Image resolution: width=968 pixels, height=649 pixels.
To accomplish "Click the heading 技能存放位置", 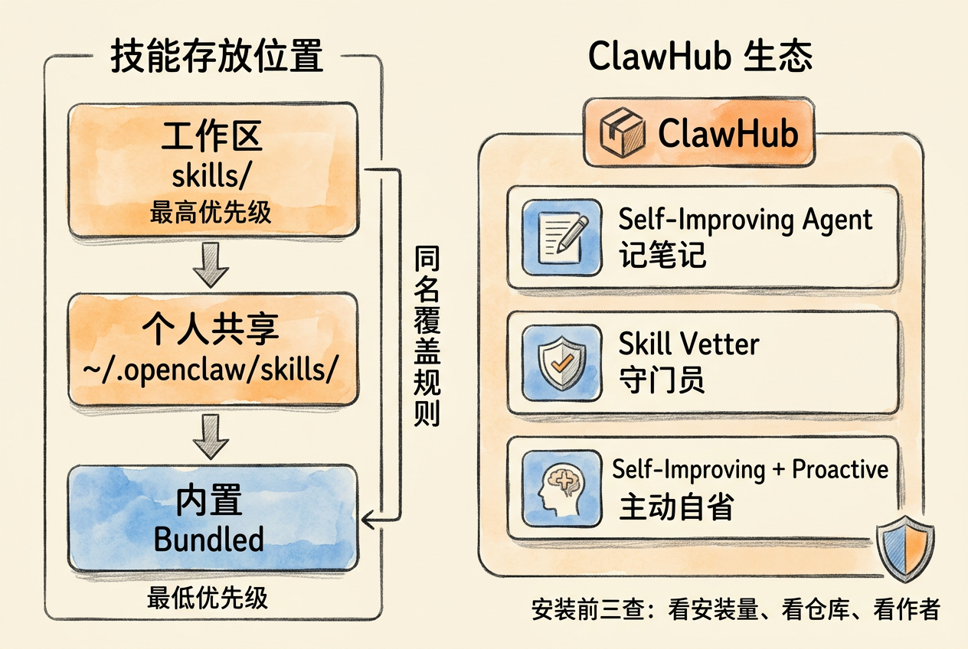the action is click(x=217, y=56).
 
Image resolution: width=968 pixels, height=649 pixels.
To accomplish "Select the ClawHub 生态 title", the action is click(x=700, y=56).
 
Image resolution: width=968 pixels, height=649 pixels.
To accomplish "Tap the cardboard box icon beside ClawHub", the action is click(x=623, y=132).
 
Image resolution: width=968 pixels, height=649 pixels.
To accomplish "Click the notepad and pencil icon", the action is click(x=562, y=237).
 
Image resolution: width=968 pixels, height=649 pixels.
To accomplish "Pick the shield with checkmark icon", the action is click(x=562, y=363).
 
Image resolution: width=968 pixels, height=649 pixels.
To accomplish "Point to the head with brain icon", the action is click(x=562, y=488).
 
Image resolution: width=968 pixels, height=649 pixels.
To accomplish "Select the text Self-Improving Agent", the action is click(x=745, y=220).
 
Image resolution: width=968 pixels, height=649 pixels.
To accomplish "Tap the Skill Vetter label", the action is click(x=688, y=344).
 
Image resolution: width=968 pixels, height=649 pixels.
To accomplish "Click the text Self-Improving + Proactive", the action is click(x=751, y=469).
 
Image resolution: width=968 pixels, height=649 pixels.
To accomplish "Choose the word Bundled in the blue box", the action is click(x=209, y=539).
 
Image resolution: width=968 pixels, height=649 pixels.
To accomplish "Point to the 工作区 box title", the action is click(x=211, y=136).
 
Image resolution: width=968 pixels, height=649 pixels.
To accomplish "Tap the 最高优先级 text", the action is click(x=211, y=212).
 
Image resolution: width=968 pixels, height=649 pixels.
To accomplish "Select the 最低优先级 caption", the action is click(x=208, y=598).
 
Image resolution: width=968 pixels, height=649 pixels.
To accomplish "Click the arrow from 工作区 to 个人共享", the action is click(x=211, y=265).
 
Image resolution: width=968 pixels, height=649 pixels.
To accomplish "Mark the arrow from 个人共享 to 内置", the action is click(x=211, y=437).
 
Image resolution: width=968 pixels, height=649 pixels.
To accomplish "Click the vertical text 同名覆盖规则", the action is click(x=427, y=336).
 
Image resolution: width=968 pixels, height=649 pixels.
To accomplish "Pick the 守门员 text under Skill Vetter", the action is click(x=662, y=380).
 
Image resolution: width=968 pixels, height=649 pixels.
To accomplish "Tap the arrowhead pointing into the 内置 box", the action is click(x=368, y=519).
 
